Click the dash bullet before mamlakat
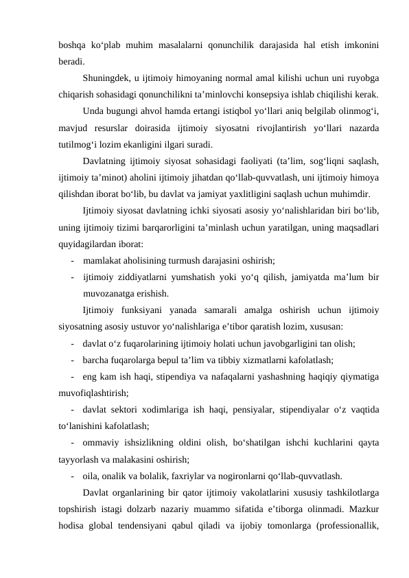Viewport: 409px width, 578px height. coord(72,260)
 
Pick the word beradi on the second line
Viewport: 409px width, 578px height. coord(72,61)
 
